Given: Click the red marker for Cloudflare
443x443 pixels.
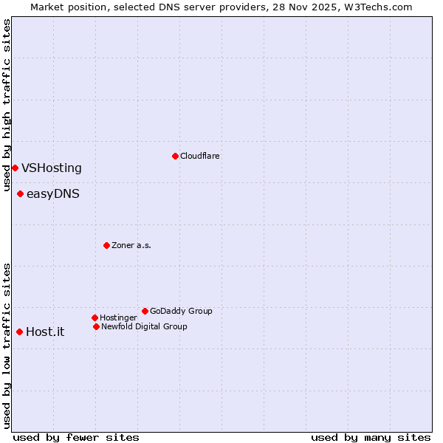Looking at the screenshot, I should [175, 156].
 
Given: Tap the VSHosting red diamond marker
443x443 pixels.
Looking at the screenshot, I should [15, 168].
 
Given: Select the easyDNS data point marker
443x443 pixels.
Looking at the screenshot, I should [20, 194].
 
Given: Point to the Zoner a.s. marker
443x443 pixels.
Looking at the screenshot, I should [106, 245].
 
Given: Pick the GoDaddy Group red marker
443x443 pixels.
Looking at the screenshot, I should [145, 311].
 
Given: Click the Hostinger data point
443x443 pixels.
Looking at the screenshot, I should [95, 317].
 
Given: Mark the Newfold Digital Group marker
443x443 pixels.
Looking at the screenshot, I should [96, 326].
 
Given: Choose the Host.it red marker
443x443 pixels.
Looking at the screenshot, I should [19, 332].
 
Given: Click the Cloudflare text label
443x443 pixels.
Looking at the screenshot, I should [200, 156].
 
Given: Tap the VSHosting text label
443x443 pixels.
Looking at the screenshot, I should [52, 168].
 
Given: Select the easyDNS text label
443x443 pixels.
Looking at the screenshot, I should [53, 194].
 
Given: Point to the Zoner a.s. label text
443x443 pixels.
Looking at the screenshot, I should [131, 245].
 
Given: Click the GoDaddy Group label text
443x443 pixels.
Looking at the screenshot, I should [181, 311].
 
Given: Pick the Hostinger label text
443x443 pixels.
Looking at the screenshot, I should [118, 317].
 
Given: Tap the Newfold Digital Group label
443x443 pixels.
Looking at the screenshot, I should [144, 326].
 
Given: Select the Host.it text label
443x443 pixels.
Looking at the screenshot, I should [45, 332].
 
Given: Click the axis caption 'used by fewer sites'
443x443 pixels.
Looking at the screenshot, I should [76, 437].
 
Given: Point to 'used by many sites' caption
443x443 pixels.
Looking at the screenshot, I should [371, 437].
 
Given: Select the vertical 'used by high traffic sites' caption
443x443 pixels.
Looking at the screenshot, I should [7, 106].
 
